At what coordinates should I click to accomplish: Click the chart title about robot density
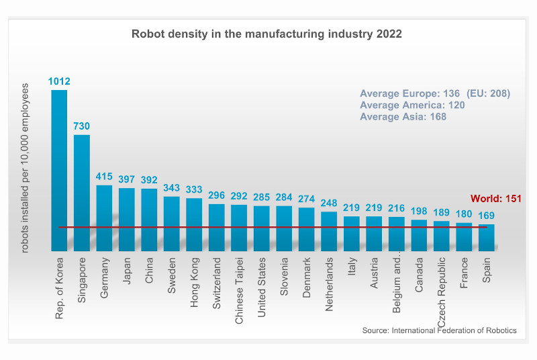(266, 34)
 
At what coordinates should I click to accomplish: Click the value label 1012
(59, 82)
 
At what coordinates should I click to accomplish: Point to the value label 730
(82, 126)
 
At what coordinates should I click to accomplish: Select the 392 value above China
(149, 181)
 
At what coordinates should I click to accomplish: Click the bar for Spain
(486, 238)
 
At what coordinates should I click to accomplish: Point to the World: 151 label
(496, 199)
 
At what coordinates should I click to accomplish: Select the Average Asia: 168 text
(403, 117)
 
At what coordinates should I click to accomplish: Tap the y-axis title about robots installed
(26, 168)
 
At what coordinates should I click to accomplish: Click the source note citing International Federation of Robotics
(439, 331)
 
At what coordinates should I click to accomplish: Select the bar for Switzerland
(216, 228)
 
